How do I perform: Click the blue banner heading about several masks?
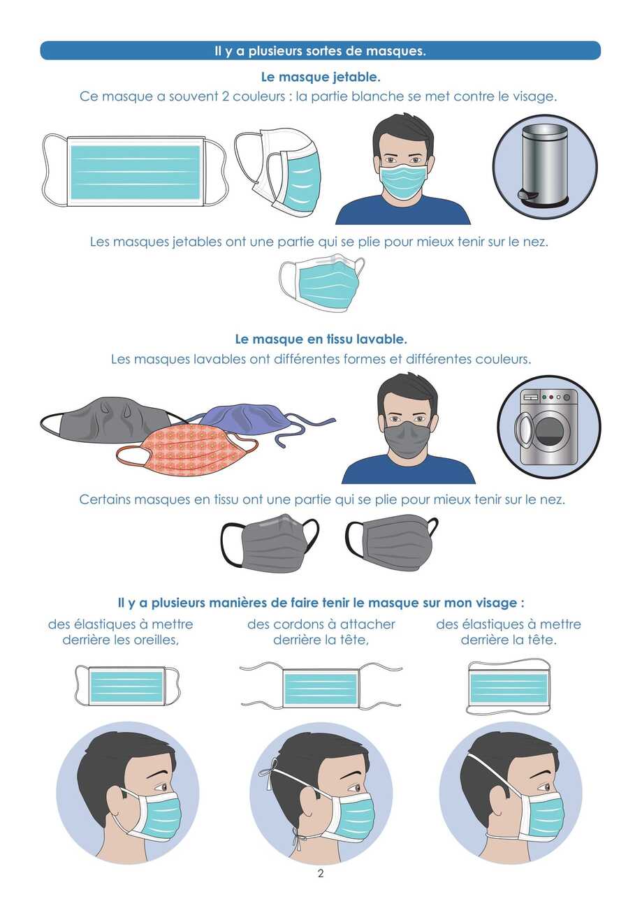320,51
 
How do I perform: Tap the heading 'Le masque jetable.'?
320,77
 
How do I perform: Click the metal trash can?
544,164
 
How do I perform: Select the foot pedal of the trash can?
528,196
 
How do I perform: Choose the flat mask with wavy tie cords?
321,687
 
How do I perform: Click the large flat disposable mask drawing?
134,170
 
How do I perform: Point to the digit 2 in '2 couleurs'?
226,96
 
